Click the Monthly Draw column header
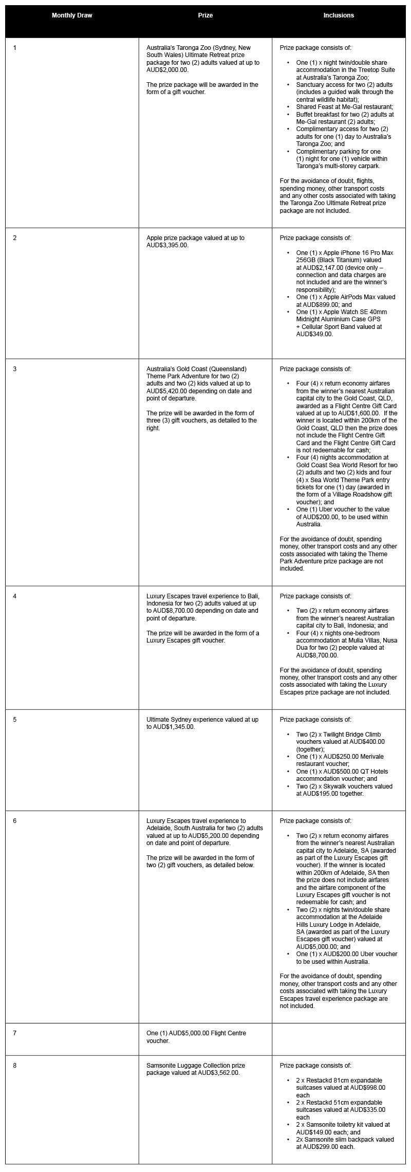tap(72, 15)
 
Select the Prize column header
tap(206, 15)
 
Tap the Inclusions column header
tap(339, 15)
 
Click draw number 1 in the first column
tap(15, 48)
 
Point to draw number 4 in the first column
tap(15, 596)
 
